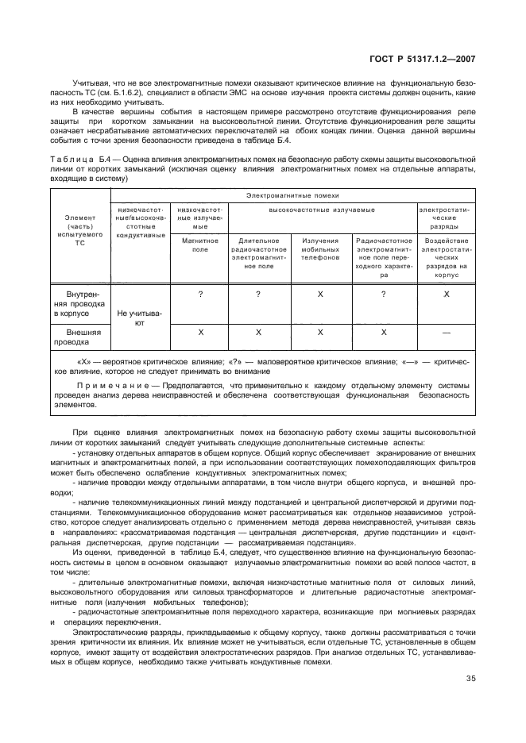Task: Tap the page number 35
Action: click(470, 678)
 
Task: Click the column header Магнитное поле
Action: click(200, 244)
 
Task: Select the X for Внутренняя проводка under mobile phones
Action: click(320, 295)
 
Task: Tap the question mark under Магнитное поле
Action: click(200, 295)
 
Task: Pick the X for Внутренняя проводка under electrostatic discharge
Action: click(446, 295)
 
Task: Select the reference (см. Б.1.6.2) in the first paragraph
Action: click(110, 93)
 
